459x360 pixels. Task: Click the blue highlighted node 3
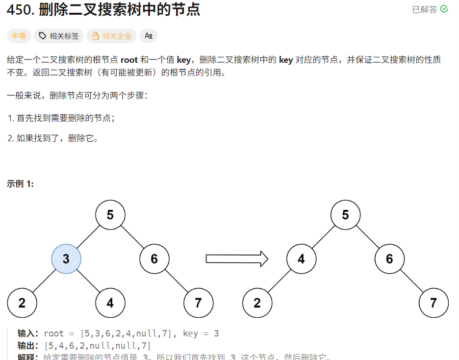click(66, 258)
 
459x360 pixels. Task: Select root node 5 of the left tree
click(110, 215)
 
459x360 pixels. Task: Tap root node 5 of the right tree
click(345, 215)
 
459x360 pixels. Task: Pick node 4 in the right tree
click(301, 258)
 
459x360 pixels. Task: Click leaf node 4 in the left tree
click(110, 303)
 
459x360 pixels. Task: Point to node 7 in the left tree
click(198, 303)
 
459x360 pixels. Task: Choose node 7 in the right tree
click(433, 303)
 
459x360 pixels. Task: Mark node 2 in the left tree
click(22, 303)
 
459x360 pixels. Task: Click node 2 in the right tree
click(257, 303)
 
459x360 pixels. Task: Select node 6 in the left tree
click(154, 258)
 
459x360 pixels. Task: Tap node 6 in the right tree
click(389, 258)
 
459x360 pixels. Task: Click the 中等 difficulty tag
click(19, 36)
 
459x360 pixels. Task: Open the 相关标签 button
click(59, 36)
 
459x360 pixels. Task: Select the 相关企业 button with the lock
click(112, 36)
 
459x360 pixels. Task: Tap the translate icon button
click(149, 36)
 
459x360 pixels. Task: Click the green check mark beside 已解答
click(444, 9)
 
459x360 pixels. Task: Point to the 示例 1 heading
click(20, 184)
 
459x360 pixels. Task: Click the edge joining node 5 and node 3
click(88, 237)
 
